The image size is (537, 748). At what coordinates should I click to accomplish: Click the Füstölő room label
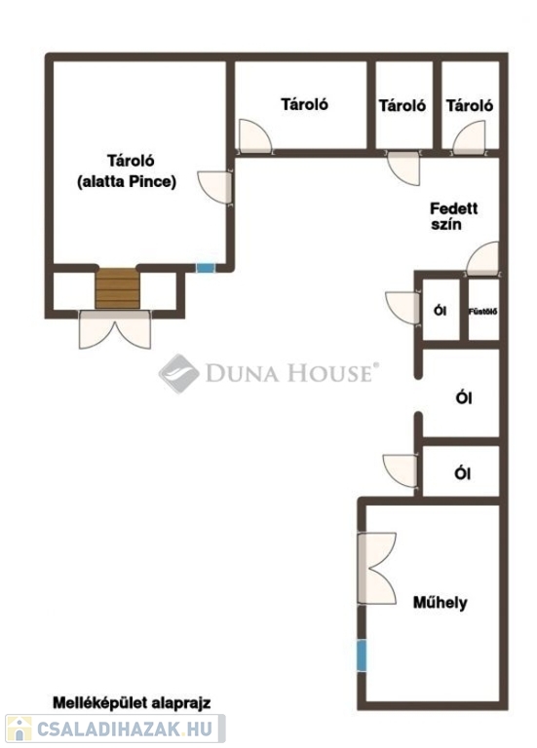pos(483,312)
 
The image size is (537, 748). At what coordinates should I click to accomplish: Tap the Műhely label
pos(440,603)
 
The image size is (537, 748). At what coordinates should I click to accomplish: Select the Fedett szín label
pos(453,216)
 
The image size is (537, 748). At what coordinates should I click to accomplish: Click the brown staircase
pos(117,288)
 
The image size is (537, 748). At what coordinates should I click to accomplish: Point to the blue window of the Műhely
pos(362,655)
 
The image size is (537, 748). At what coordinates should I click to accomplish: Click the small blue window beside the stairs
pos(206,268)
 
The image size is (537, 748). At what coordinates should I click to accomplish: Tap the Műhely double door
pos(376,568)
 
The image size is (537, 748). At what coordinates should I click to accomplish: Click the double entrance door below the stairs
pos(115,329)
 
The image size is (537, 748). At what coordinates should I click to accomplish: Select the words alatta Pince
pos(127,182)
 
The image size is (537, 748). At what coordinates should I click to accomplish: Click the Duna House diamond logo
pos(179,374)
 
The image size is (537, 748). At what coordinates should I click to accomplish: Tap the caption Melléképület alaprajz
pos(132,702)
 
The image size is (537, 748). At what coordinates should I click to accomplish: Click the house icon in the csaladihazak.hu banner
pos(19,729)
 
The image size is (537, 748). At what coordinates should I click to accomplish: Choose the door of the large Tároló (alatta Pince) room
pos(215,187)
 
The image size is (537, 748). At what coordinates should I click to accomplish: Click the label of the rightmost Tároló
pos(469,105)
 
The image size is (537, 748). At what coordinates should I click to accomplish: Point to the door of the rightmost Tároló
pos(469,138)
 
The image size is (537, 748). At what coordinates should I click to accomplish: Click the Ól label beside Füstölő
pos(440,311)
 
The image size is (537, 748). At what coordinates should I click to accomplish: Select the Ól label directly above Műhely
pos(463,473)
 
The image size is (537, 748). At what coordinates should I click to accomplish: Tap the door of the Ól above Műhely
pos(401,470)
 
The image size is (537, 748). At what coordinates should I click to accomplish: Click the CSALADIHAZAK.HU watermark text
pos(124,729)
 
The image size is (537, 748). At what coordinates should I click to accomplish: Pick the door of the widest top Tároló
pos(255,136)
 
